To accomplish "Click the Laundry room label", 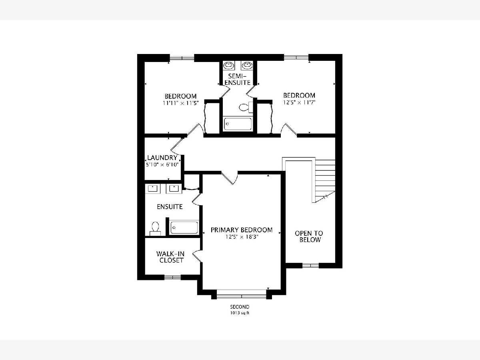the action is (162, 158).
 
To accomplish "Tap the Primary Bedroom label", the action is (242, 230).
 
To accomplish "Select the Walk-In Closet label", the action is (170, 257).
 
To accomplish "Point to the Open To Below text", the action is (309, 236).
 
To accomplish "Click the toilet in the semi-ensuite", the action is (246, 107).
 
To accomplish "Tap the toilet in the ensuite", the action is (155, 229).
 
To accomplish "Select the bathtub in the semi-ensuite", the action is (238, 124).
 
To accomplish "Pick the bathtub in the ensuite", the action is (184, 228).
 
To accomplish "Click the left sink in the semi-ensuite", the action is (229, 65).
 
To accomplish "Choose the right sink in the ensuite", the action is (174, 189).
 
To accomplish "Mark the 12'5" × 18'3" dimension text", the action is (242, 237).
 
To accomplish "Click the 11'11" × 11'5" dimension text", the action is (181, 103).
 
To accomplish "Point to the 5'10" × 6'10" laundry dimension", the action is (162, 164).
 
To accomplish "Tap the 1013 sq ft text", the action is (240, 313).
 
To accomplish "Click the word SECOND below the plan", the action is (240, 307).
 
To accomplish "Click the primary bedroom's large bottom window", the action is (242, 296).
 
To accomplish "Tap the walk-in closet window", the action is (172, 277).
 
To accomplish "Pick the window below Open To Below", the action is (310, 266).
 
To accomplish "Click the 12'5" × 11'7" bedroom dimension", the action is (299, 102).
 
